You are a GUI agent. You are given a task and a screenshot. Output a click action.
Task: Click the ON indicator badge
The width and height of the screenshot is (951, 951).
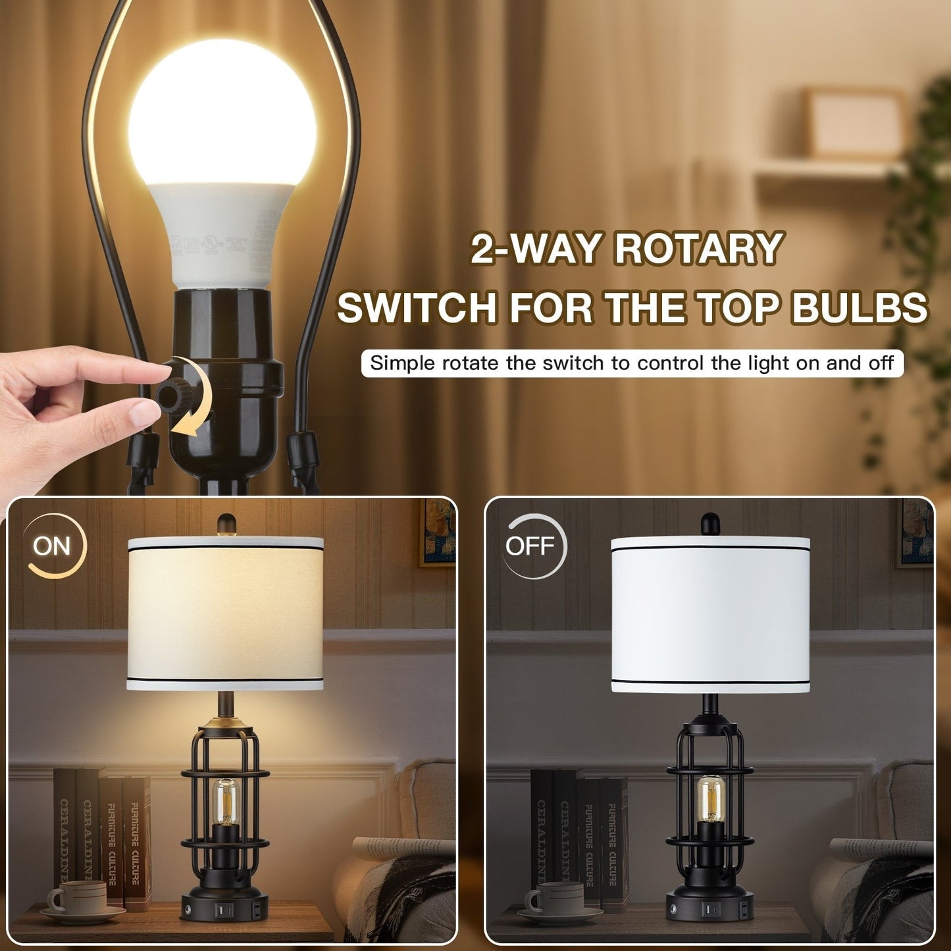click(x=53, y=546)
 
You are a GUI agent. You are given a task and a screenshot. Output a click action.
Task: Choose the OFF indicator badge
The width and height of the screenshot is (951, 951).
click(x=530, y=546)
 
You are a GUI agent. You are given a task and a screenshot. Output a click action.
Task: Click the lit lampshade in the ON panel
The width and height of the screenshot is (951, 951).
click(x=225, y=612)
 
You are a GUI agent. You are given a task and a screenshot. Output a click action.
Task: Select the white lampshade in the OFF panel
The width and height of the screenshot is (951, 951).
click(x=709, y=615)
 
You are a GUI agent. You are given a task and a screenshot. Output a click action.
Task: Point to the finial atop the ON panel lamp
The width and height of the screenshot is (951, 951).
click(x=226, y=523)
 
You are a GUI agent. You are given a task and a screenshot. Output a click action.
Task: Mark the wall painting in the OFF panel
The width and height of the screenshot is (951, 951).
click(x=916, y=532)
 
